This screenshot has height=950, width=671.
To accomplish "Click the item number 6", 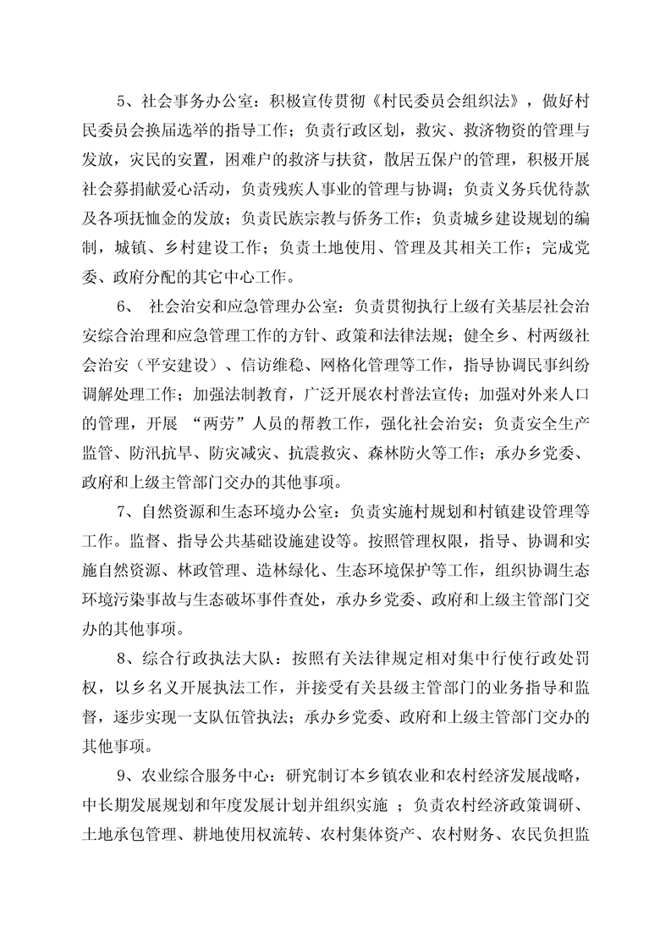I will [x=121, y=306].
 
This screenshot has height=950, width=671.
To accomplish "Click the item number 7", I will [x=121, y=510].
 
